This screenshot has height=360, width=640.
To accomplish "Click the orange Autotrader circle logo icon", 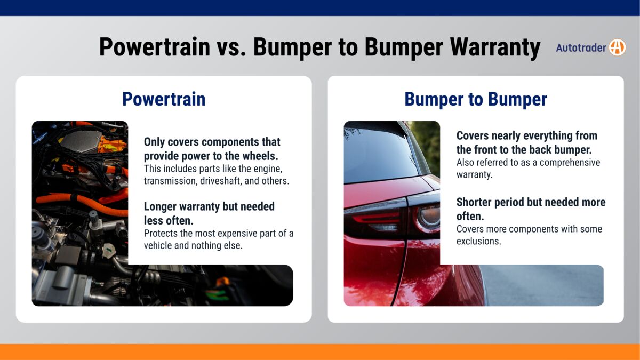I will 617,47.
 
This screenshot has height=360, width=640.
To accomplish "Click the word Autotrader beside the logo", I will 581,48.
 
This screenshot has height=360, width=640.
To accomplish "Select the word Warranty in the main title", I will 495,47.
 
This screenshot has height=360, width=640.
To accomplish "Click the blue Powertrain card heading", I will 164,99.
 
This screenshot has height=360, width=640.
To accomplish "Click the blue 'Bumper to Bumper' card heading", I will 476,99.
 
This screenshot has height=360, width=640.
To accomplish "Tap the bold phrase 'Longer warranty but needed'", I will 209,206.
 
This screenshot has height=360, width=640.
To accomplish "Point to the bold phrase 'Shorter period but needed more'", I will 531,202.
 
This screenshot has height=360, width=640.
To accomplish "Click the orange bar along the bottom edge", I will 320,352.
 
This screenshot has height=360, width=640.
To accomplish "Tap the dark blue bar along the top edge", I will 320,7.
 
